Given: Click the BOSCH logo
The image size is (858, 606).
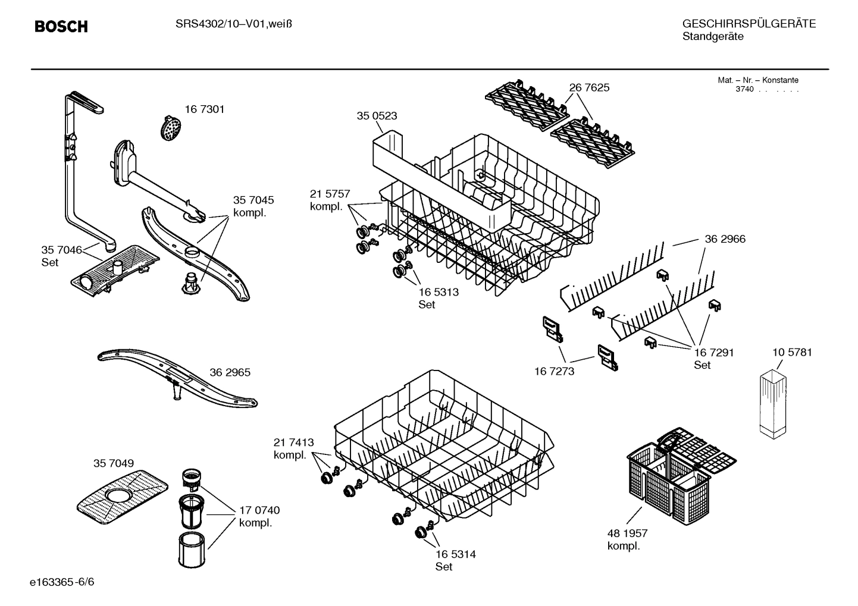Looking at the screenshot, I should (61, 27).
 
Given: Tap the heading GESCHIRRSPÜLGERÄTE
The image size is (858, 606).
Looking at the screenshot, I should (749, 24).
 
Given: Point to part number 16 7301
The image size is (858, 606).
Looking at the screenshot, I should (204, 109).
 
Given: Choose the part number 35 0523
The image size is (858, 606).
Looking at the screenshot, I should (377, 116).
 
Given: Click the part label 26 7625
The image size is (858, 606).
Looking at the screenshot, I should (589, 87).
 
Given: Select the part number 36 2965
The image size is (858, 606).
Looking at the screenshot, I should (230, 372).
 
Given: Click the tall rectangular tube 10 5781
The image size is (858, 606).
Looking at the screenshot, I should (773, 403).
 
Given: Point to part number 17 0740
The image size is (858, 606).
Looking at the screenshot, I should (259, 510).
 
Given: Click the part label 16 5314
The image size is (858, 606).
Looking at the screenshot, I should (455, 554).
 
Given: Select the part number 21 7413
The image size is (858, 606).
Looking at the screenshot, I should (293, 442).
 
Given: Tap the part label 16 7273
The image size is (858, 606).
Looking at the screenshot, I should (554, 371).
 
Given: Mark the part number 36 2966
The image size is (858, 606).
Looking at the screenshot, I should (725, 239).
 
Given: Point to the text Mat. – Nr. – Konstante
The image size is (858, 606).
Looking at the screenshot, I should (757, 80).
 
